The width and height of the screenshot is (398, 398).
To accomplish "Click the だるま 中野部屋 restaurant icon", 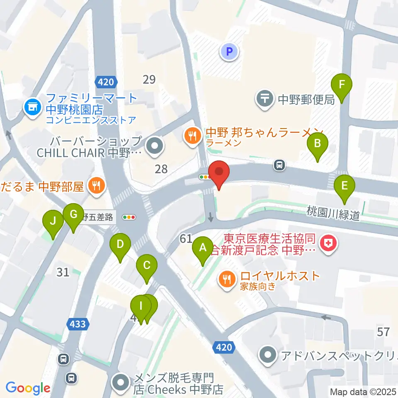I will coord(96,185).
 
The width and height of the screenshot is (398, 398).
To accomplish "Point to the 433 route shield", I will coord(77,323).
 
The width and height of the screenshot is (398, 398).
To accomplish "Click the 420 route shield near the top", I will coord(106,82).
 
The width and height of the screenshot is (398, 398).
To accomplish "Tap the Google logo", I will coord(28,388).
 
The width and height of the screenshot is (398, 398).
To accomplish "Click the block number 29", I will coord(149,79).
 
